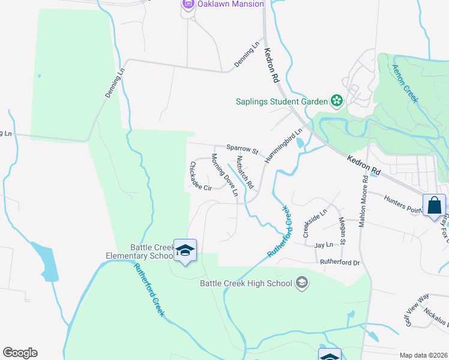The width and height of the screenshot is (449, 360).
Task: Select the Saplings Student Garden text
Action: click(x=281, y=101)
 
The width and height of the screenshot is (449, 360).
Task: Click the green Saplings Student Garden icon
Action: click(x=337, y=101)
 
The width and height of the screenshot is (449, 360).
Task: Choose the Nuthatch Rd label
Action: click(x=245, y=171)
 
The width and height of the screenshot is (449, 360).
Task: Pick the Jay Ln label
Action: click(x=324, y=245)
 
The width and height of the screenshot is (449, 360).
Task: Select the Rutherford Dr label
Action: click(x=339, y=262)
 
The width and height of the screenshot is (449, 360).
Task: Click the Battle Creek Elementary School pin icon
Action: click(x=185, y=251)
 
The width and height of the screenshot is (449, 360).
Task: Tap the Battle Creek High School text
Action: click(x=246, y=283)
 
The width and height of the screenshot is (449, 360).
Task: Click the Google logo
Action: click(x=20, y=353)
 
